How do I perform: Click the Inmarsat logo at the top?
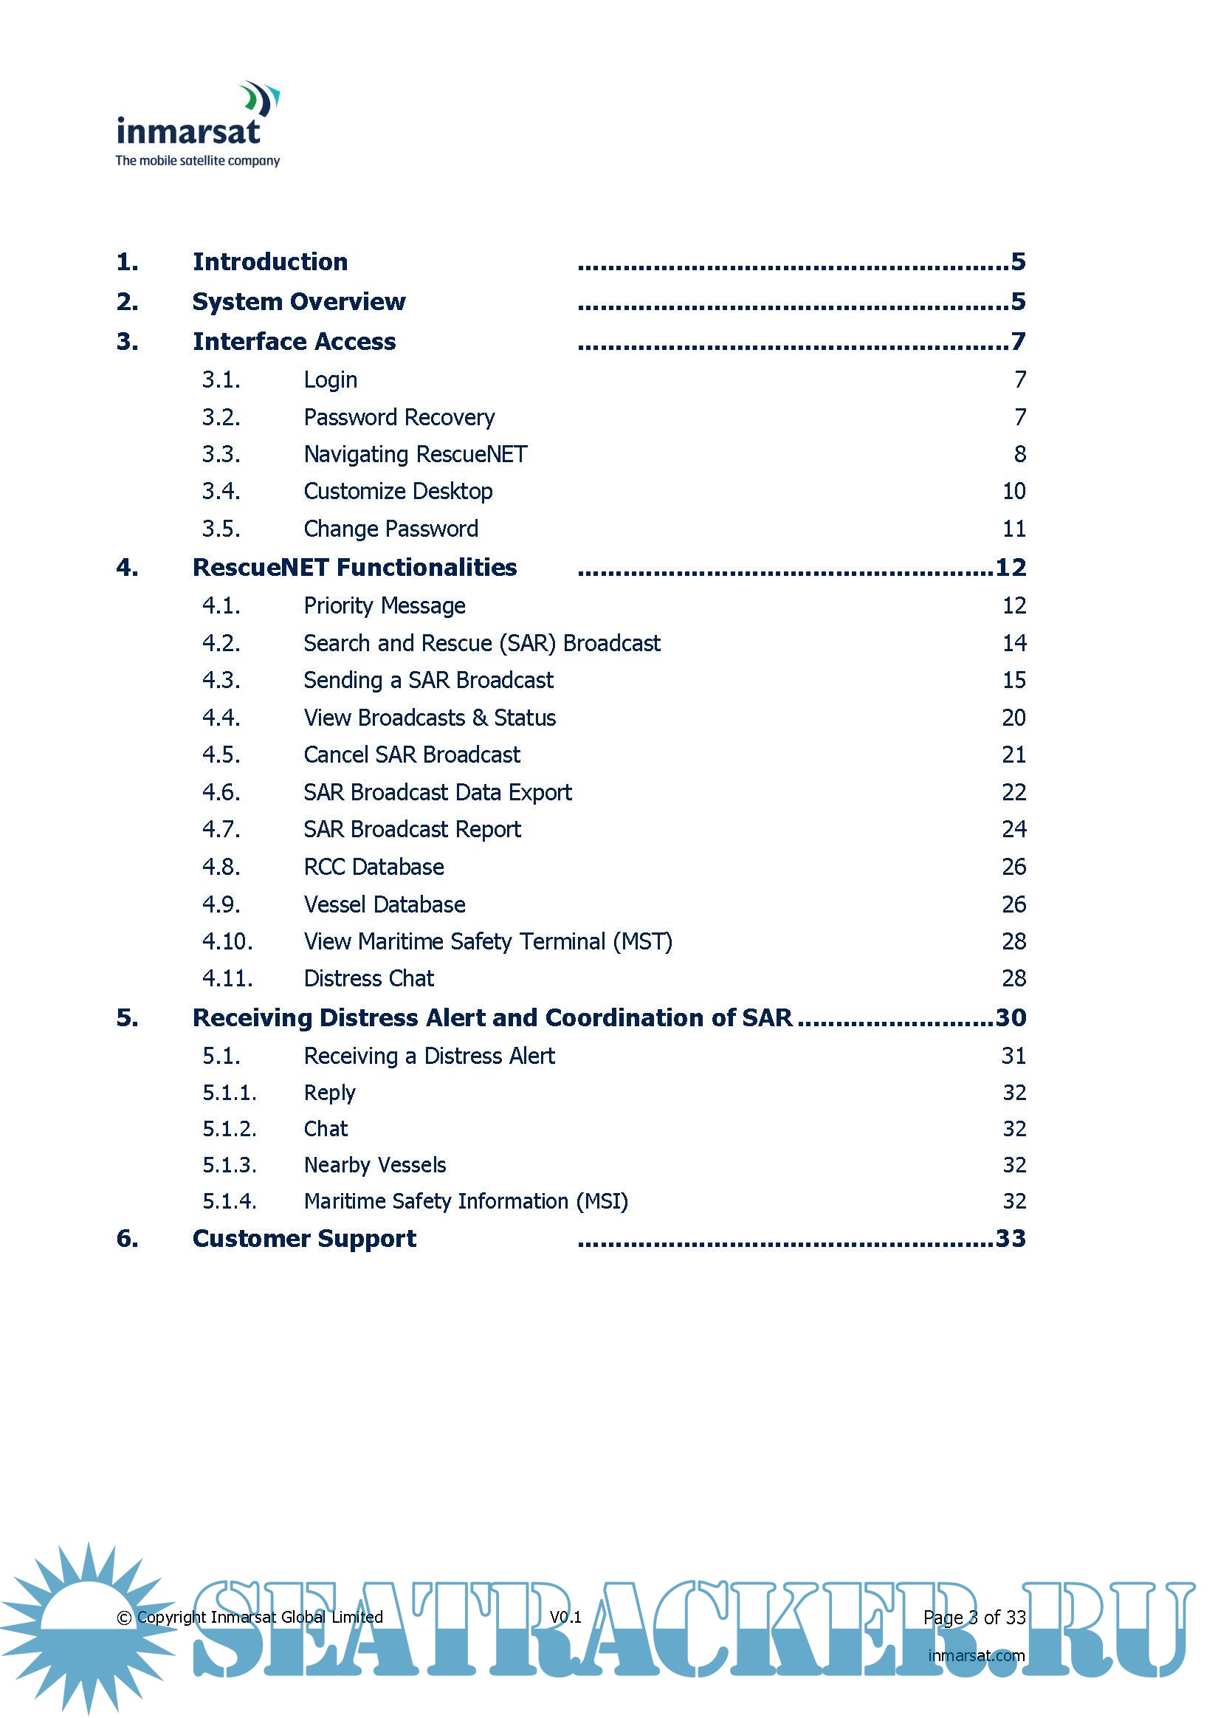tap(198, 124)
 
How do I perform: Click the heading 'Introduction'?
tap(270, 262)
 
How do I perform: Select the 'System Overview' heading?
tap(298, 301)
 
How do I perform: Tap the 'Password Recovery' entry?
tap(399, 418)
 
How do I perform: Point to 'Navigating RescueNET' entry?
tap(416, 454)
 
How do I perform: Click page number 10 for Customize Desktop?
tap(1013, 492)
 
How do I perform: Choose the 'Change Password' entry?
tap(390, 529)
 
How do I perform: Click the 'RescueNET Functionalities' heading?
tap(354, 568)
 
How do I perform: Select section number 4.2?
tap(221, 644)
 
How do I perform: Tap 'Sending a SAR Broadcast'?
tap(428, 680)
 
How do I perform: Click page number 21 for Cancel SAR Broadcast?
tap(1013, 755)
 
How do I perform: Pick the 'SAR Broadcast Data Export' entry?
tap(438, 792)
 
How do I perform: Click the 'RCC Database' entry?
tap(374, 867)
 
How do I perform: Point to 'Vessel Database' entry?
tap(385, 904)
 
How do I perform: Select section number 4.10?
tap(227, 941)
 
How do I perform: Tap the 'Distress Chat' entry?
tap(369, 979)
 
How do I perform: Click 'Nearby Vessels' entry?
tap(375, 1165)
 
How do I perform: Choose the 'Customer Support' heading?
tap(304, 1239)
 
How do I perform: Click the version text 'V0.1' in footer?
tap(565, 1617)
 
